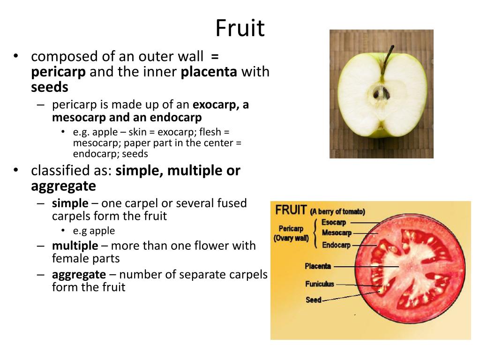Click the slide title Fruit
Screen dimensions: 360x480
[x=240, y=29]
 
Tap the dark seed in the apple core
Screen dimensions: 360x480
[x=380, y=93]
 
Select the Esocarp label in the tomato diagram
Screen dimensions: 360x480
[x=333, y=222]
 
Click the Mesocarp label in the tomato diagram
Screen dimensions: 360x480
[x=337, y=233]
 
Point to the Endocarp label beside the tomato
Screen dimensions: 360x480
[x=336, y=245]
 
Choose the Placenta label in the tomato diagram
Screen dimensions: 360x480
[x=318, y=266]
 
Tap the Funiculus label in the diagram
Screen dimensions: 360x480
[x=320, y=284]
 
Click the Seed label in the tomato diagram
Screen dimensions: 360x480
[x=313, y=300]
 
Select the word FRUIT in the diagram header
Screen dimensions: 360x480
[x=291, y=210]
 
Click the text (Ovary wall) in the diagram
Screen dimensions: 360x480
[x=291, y=238]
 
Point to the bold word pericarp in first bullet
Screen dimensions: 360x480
[x=59, y=72]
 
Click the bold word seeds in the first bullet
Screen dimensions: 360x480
[x=50, y=87]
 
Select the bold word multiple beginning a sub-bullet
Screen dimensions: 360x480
[x=75, y=246]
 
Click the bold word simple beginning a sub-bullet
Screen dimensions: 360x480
[x=70, y=203]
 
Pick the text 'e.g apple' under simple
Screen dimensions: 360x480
[x=94, y=231]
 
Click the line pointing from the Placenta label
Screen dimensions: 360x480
[x=366, y=267]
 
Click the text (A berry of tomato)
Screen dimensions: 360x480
[x=337, y=211]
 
